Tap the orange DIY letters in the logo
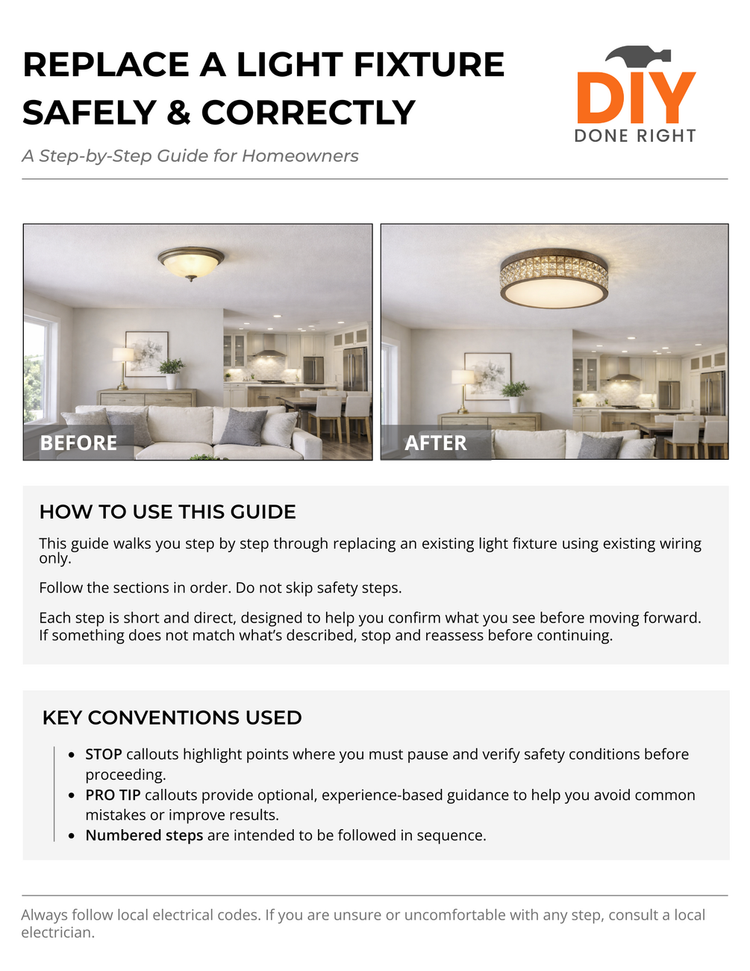(x=636, y=98)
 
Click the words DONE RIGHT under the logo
(x=635, y=136)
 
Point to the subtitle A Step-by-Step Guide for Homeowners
(x=190, y=156)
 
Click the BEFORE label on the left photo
(x=78, y=443)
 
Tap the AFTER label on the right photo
(x=435, y=443)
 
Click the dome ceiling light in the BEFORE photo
(x=191, y=263)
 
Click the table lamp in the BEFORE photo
(x=122, y=363)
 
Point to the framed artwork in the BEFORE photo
(x=146, y=352)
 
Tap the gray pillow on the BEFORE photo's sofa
(x=243, y=427)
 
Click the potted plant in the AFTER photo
(x=515, y=393)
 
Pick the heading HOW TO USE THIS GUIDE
(x=168, y=512)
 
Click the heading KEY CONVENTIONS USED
(x=172, y=718)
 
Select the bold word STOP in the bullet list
(x=104, y=755)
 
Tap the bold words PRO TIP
(x=113, y=795)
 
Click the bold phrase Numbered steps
(x=144, y=835)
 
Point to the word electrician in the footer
(x=57, y=933)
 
